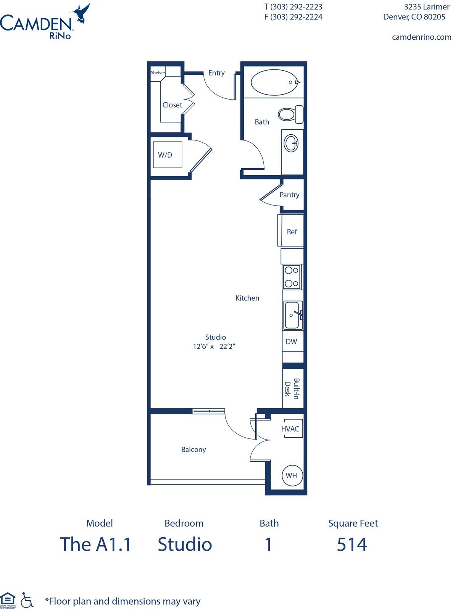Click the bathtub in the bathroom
point(275,82)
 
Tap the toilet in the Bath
point(290,114)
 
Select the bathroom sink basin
point(291,143)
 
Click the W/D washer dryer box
point(168,155)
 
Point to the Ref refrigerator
point(291,230)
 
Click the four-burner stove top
point(292,277)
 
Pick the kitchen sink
point(293,315)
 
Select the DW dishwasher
point(293,342)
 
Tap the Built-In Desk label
point(292,389)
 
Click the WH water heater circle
point(292,475)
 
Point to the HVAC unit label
point(290,429)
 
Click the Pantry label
point(289,195)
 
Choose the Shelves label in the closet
point(158,73)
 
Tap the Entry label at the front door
point(216,73)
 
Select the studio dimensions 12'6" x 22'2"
point(214,346)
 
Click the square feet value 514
point(352,545)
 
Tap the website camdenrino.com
point(421,37)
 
